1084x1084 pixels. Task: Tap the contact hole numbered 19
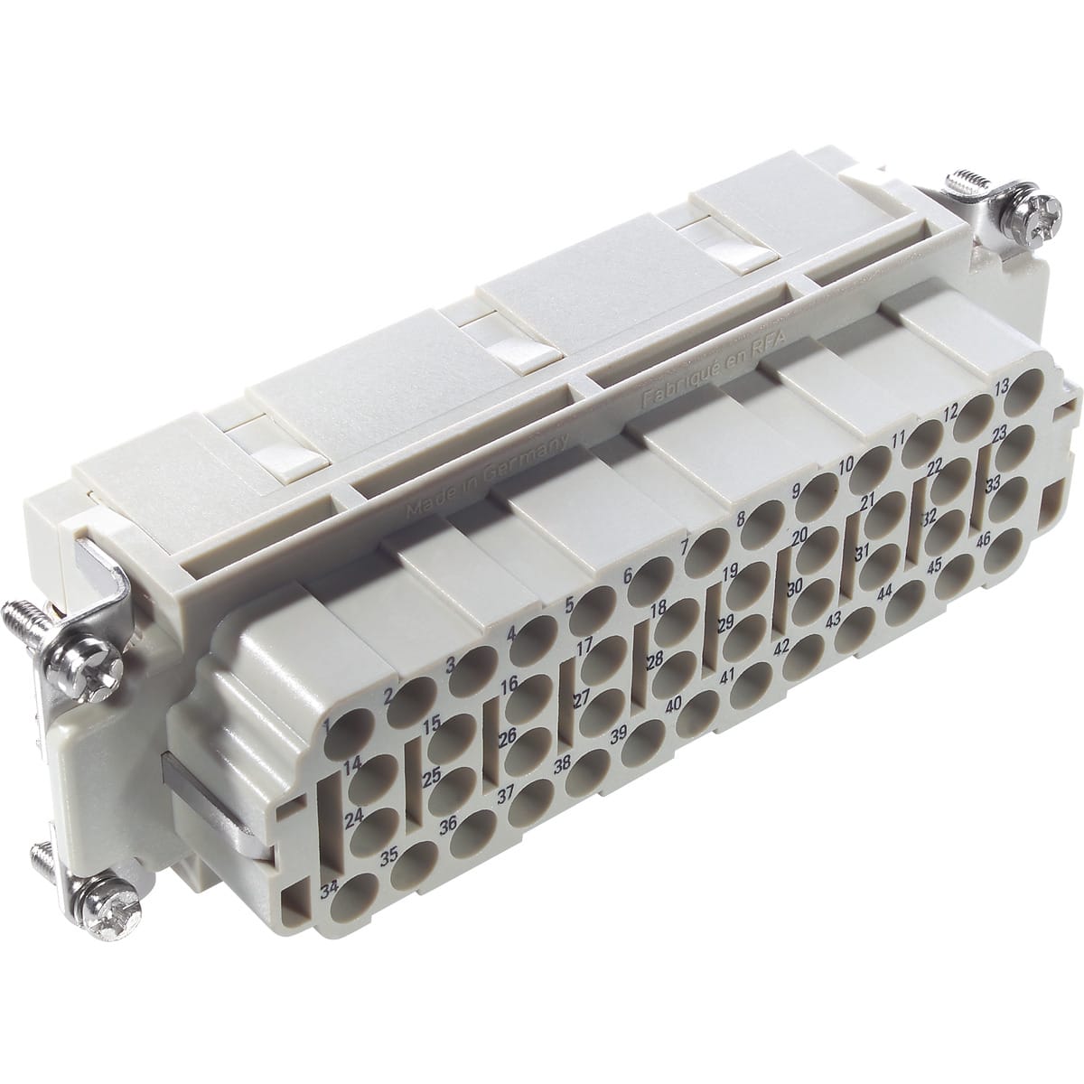click(x=749, y=591)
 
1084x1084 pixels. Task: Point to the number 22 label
click(x=934, y=463)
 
